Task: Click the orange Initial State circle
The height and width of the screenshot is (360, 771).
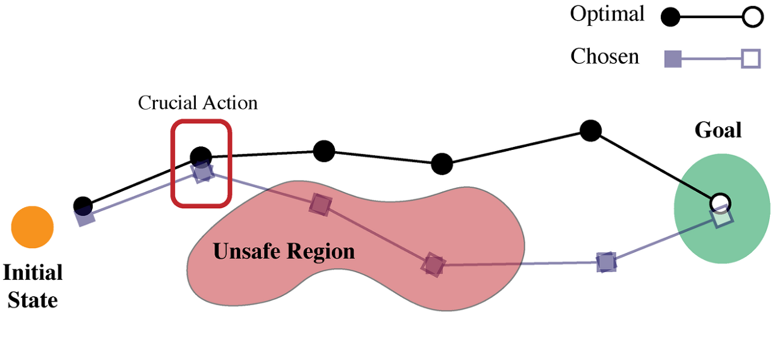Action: pos(33,227)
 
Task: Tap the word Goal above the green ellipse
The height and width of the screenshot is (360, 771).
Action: pos(718,130)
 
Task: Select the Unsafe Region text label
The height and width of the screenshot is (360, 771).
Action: pos(284,251)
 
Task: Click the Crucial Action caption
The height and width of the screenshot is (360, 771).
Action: pos(198,103)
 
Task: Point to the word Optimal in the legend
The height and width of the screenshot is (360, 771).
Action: pos(607,14)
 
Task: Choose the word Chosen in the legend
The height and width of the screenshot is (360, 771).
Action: pos(605,57)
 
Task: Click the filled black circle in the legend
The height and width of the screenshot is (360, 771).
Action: pos(670,17)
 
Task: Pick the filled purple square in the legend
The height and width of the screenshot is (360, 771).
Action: pos(672,59)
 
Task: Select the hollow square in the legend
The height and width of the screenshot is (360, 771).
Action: pos(751,59)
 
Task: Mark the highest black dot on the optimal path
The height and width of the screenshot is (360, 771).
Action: pos(591,130)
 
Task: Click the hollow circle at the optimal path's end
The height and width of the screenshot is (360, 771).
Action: pos(720,202)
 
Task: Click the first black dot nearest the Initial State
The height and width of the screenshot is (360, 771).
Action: pos(83,206)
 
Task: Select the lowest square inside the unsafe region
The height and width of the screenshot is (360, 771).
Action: pos(433,264)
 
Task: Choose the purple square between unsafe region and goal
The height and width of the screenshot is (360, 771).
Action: pos(607,262)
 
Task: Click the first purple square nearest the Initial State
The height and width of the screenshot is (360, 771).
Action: pos(86,217)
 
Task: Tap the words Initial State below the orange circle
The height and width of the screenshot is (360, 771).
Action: pos(33,286)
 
